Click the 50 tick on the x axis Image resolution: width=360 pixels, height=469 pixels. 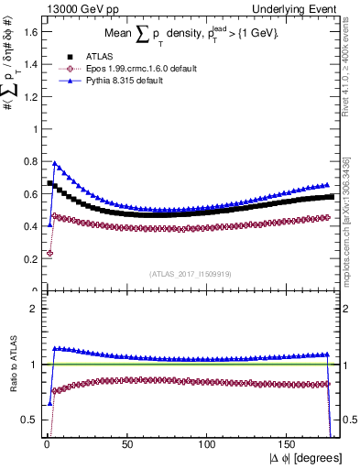coord(126,443)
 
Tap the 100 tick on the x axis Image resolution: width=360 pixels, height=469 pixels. coord(208,443)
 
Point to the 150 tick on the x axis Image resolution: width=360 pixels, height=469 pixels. coord(289,443)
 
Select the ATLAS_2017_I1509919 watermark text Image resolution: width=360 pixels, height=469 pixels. coord(190,273)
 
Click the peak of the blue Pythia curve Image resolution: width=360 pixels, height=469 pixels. coord(54,164)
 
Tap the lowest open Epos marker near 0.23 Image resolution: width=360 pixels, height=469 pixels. coord(49,253)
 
